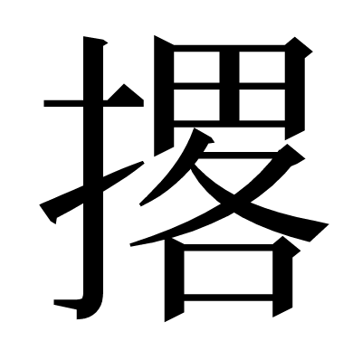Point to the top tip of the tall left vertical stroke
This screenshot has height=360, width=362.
pos(90,41)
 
